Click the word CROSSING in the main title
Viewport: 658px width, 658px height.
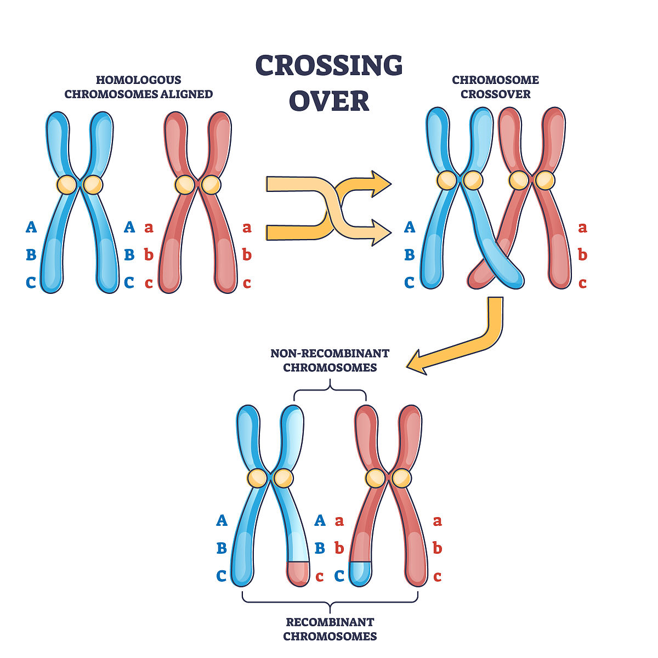[329, 66]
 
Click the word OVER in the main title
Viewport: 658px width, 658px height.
[329, 101]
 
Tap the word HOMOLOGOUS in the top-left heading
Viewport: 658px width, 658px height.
[138, 80]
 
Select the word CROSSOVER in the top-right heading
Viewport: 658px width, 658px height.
[495, 94]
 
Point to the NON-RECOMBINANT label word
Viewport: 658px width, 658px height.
[330, 353]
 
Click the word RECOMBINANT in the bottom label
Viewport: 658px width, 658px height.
[330, 622]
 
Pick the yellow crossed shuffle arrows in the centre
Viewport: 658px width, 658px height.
[329, 208]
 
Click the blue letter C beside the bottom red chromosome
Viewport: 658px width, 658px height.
[339, 576]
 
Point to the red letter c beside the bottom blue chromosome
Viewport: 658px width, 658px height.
[320, 577]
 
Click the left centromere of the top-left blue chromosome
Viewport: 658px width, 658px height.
[67, 184]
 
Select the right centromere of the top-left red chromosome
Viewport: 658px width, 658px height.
[211, 184]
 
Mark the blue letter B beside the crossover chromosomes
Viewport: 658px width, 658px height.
[410, 255]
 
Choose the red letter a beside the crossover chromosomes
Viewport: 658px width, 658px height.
[582, 227]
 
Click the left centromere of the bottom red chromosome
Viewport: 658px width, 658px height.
[376, 478]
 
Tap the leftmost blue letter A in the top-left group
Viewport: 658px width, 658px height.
[31, 227]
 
